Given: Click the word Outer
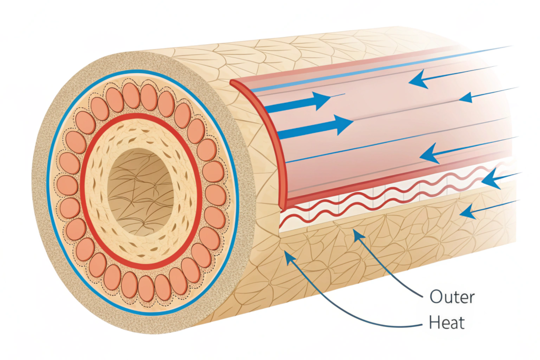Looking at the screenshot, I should (452, 297).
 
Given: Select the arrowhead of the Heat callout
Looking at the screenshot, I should (287, 255).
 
